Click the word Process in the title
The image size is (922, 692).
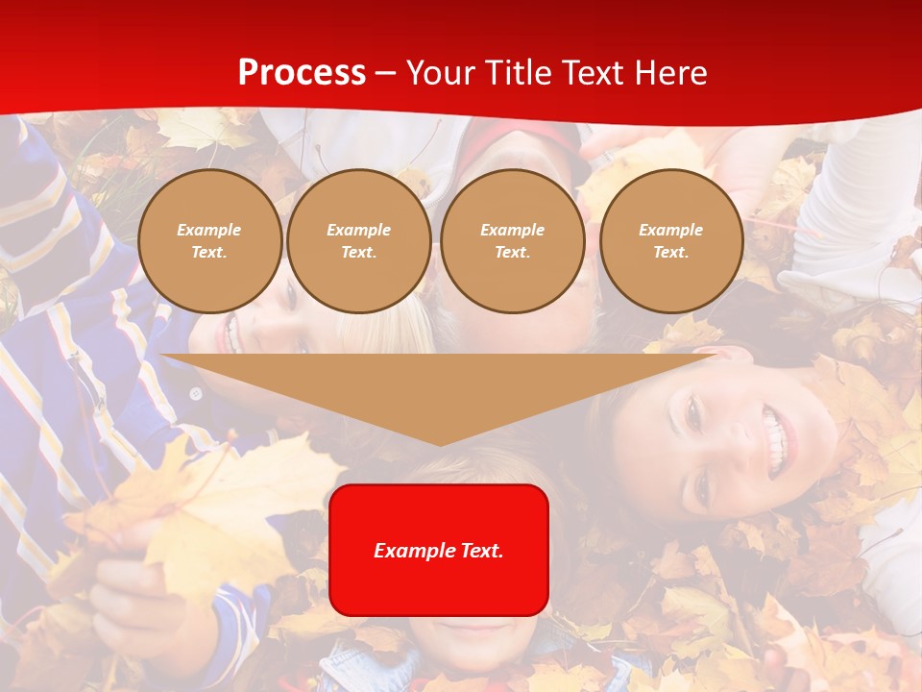302,73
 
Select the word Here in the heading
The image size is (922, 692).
670,73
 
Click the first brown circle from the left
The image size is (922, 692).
209,241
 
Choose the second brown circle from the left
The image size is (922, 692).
359,241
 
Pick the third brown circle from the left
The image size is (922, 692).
513,241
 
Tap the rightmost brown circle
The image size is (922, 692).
671,241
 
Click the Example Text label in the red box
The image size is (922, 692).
439,551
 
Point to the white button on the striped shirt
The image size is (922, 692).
196,393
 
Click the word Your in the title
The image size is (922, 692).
438,73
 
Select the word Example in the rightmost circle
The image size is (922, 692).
671,230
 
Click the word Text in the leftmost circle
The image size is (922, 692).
209,253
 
